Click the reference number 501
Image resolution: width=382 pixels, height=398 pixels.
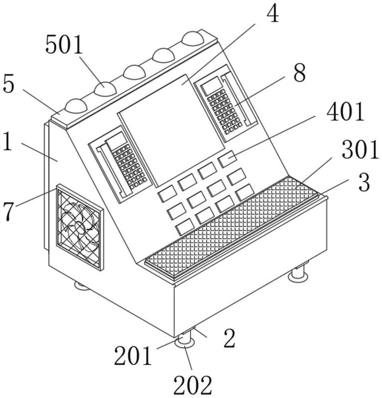click(64, 44)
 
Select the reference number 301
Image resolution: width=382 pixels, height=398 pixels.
click(360, 150)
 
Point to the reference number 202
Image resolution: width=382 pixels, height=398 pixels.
click(193, 385)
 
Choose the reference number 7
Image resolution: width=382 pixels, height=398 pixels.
click(8, 212)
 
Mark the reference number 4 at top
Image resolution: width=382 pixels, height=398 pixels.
click(273, 13)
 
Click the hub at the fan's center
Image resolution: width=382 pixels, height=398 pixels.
click(80, 227)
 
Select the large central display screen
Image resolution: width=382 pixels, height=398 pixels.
click(172, 130)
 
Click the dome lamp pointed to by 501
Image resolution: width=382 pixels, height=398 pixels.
click(105, 89)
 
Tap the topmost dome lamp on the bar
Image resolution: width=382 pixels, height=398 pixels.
click(193, 39)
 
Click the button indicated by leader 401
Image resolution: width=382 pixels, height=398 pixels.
click(227, 159)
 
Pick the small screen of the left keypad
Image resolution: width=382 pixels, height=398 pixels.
click(117, 141)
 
